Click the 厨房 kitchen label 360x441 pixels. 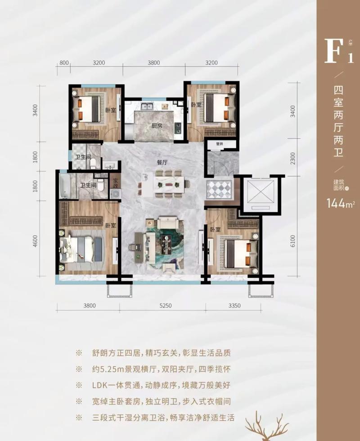pos(156,126)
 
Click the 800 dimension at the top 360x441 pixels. pos(64,63)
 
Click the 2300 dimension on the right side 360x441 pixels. pos(293,158)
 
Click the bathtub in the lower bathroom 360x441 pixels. pos(64,186)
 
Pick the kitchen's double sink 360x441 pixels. pos(147,107)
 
